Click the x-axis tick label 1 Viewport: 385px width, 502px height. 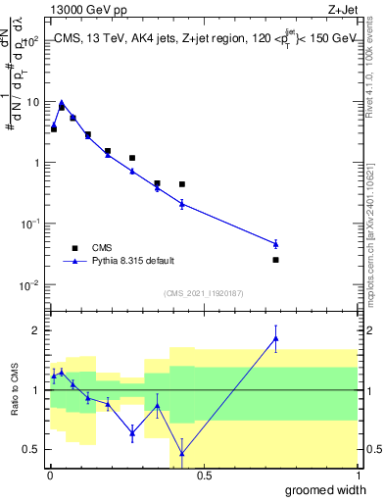coord(357,476)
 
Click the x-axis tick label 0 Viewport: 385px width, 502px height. coord(51,476)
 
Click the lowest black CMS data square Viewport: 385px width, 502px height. coord(275,260)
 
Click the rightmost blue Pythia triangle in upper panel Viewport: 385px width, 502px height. coord(275,243)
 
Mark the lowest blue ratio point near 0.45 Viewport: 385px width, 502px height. coord(181,453)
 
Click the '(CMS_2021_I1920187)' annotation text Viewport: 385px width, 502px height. coord(203,292)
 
